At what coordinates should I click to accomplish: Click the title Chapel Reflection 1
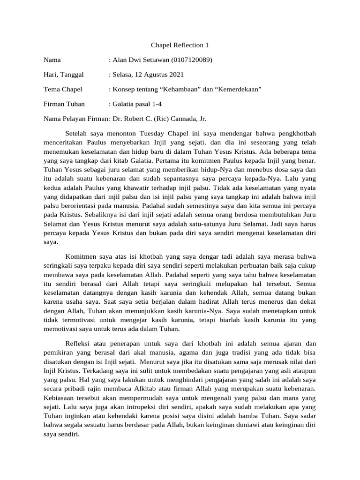(x=180, y=45)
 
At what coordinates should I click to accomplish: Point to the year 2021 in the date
(x=176, y=75)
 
